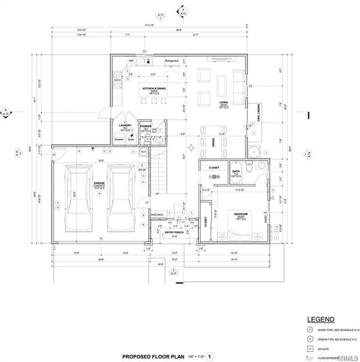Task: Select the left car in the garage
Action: click(77, 198)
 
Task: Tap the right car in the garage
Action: click(120, 198)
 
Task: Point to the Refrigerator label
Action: click(172, 61)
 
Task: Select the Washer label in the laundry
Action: click(119, 140)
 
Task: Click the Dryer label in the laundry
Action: click(131, 140)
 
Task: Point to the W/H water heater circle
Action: click(144, 151)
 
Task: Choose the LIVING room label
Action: click(224, 102)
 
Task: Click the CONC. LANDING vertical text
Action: click(252, 112)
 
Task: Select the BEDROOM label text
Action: click(241, 214)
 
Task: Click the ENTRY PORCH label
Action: click(174, 232)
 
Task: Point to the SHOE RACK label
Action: click(157, 215)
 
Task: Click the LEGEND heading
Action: click(321, 319)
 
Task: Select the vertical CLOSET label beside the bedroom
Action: click(205, 222)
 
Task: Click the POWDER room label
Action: click(145, 126)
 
